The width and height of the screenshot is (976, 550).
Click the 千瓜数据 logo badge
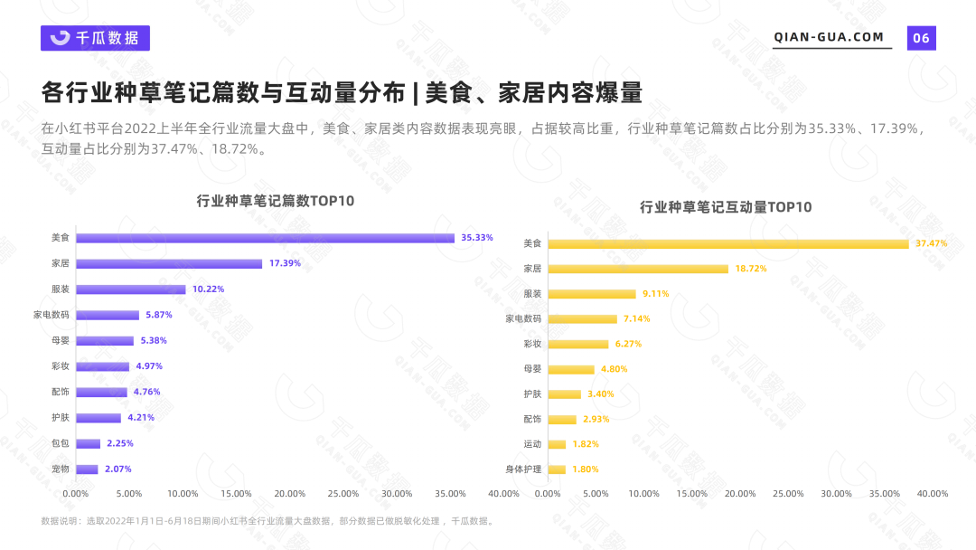pyautogui.click(x=95, y=38)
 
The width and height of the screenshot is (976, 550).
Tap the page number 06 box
pyautogui.click(x=921, y=38)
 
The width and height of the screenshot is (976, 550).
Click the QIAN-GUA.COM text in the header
pyautogui.click(x=829, y=37)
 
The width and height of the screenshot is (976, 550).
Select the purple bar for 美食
pyautogui.click(x=265, y=238)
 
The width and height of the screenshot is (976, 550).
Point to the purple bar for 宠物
pyautogui.click(x=87, y=469)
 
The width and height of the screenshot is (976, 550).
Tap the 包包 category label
pyautogui.click(x=61, y=443)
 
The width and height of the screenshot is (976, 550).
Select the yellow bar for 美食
pyautogui.click(x=728, y=243)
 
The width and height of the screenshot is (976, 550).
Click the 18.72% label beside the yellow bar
pyautogui.click(x=750, y=269)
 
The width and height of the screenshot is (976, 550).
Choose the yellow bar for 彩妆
pyautogui.click(x=578, y=344)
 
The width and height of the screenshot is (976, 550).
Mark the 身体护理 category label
pyautogui.click(x=523, y=469)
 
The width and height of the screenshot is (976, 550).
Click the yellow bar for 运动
pyautogui.click(x=557, y=444)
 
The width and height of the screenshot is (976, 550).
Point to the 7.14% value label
pyautogui.click(x=636, y=318)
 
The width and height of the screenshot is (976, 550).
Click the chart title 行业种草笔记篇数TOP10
pyautogui.click(x=276, y=201)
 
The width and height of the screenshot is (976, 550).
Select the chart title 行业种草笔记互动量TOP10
pyautogui.click(x=726, y=207)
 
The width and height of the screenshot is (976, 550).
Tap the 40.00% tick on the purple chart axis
pyautogui.click(x=503, y=494)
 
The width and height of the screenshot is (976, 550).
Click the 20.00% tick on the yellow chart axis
pyautogui.click(x=740, y=494)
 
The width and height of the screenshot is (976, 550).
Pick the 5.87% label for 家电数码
pyautogui.click(x=158, y=315)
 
